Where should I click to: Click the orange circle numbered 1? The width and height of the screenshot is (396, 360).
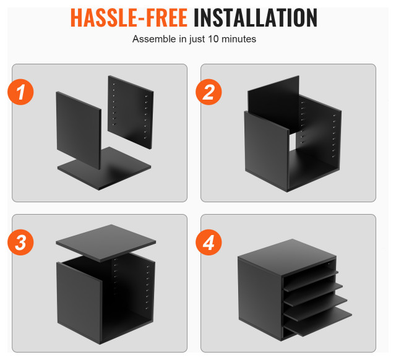(20, 92)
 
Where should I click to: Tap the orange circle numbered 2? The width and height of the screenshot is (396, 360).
(209, 92)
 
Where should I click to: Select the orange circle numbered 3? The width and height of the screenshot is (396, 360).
(20, 242)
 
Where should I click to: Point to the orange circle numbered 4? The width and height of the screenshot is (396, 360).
(209, 242)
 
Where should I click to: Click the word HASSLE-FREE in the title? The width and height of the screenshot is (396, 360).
(129, 18)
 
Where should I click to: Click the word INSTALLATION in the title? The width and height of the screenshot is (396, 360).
(256, 18)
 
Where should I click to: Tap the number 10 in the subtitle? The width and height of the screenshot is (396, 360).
(213, 39)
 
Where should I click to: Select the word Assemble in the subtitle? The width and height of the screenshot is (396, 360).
(154, 39)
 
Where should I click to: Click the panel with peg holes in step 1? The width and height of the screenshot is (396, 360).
(131, 113)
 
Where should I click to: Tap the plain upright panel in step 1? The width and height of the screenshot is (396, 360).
(79, 131)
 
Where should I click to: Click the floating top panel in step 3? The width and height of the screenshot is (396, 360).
(106, 243)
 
